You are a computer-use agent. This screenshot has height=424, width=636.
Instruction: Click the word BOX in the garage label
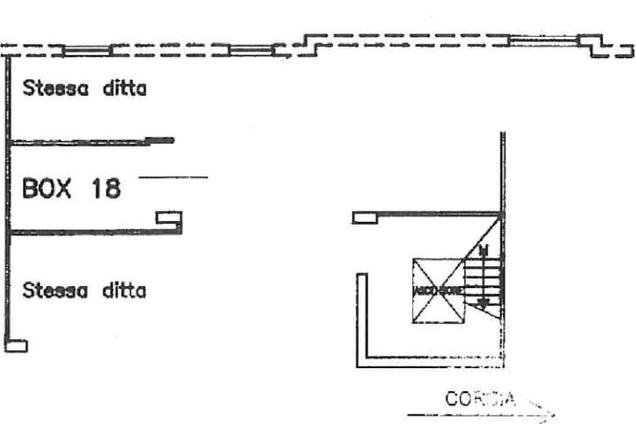[x=47, y=188]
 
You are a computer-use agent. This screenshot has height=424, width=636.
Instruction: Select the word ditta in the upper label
[x=124, y=88]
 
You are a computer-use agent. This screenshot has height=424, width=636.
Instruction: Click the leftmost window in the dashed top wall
[x=87, y=50]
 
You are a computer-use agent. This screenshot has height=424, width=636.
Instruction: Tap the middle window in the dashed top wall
[x=252, y=50]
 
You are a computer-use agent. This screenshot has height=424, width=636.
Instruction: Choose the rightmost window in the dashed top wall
[x=544, y=41]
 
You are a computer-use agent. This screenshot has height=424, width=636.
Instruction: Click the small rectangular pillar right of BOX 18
[x=168, y=218]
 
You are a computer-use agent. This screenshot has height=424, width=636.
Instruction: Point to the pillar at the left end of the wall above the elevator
[x=365, y=217]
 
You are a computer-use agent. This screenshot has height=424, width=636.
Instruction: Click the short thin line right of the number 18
[x=173, y=178]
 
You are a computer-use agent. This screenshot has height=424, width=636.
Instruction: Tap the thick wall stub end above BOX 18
[x=163, y=140]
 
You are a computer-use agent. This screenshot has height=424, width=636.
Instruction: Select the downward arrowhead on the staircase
[x=483, y=302]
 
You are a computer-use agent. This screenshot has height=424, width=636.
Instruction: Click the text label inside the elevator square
[x=438, y=291]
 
